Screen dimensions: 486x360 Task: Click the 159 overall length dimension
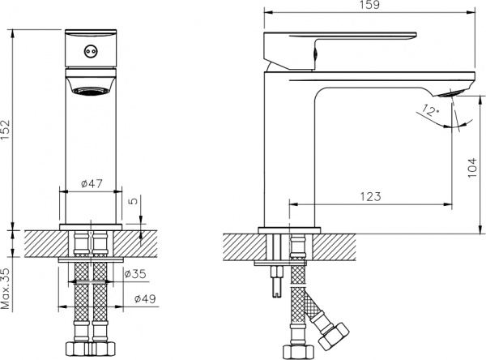pyautogui.click(x=370, y=5)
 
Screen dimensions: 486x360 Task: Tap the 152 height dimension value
pyautogui.click(x=6, y=130)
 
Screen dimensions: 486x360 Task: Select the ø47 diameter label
pyautogui.click(x=92, y=184)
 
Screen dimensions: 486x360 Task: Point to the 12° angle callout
pyautogui.click(x=431, y=111)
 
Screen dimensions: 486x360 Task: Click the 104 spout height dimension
pyautogui.click(x=472, y=168)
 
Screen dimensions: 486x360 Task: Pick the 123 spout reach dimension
pyautogui.click(x=371, y=196)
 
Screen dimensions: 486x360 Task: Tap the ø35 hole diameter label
pyautogui.click(x=135, y=274)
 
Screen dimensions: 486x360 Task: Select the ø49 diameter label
pyautogui.click(x=145, y=299)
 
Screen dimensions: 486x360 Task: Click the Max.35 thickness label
pyautogui.click(x=6, y=289)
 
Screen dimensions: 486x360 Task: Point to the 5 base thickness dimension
pyautogui.click(x=133, y=201)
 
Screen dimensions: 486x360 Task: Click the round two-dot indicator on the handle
pyautogui.click(x=90, y=50)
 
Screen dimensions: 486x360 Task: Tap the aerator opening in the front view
pyautogui.click(x=91, y=90)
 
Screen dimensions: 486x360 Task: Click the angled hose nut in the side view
pyautogui.click(x=334, y=336)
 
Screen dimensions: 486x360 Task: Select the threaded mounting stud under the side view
pyautogui.click(x=276, y=281)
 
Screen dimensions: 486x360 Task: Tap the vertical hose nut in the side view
pyautogui.click(x=295, y=352)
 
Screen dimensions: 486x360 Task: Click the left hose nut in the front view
pyautogui.click(x=78, y=349)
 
